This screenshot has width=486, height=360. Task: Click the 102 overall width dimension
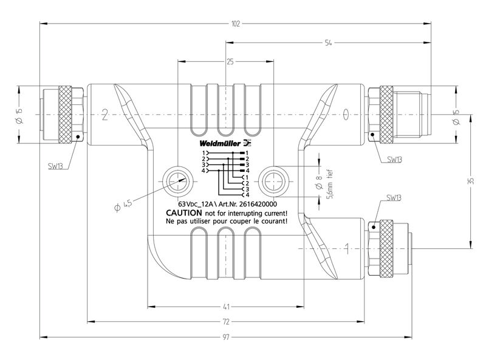tap(236, 24)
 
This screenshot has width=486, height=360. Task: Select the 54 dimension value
tap(328, 44)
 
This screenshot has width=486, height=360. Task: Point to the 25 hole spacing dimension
tap(229, 61)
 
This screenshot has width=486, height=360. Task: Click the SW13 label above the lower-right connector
tap(393, 198)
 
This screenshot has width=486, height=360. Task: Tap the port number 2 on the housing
tap(105, 114)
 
